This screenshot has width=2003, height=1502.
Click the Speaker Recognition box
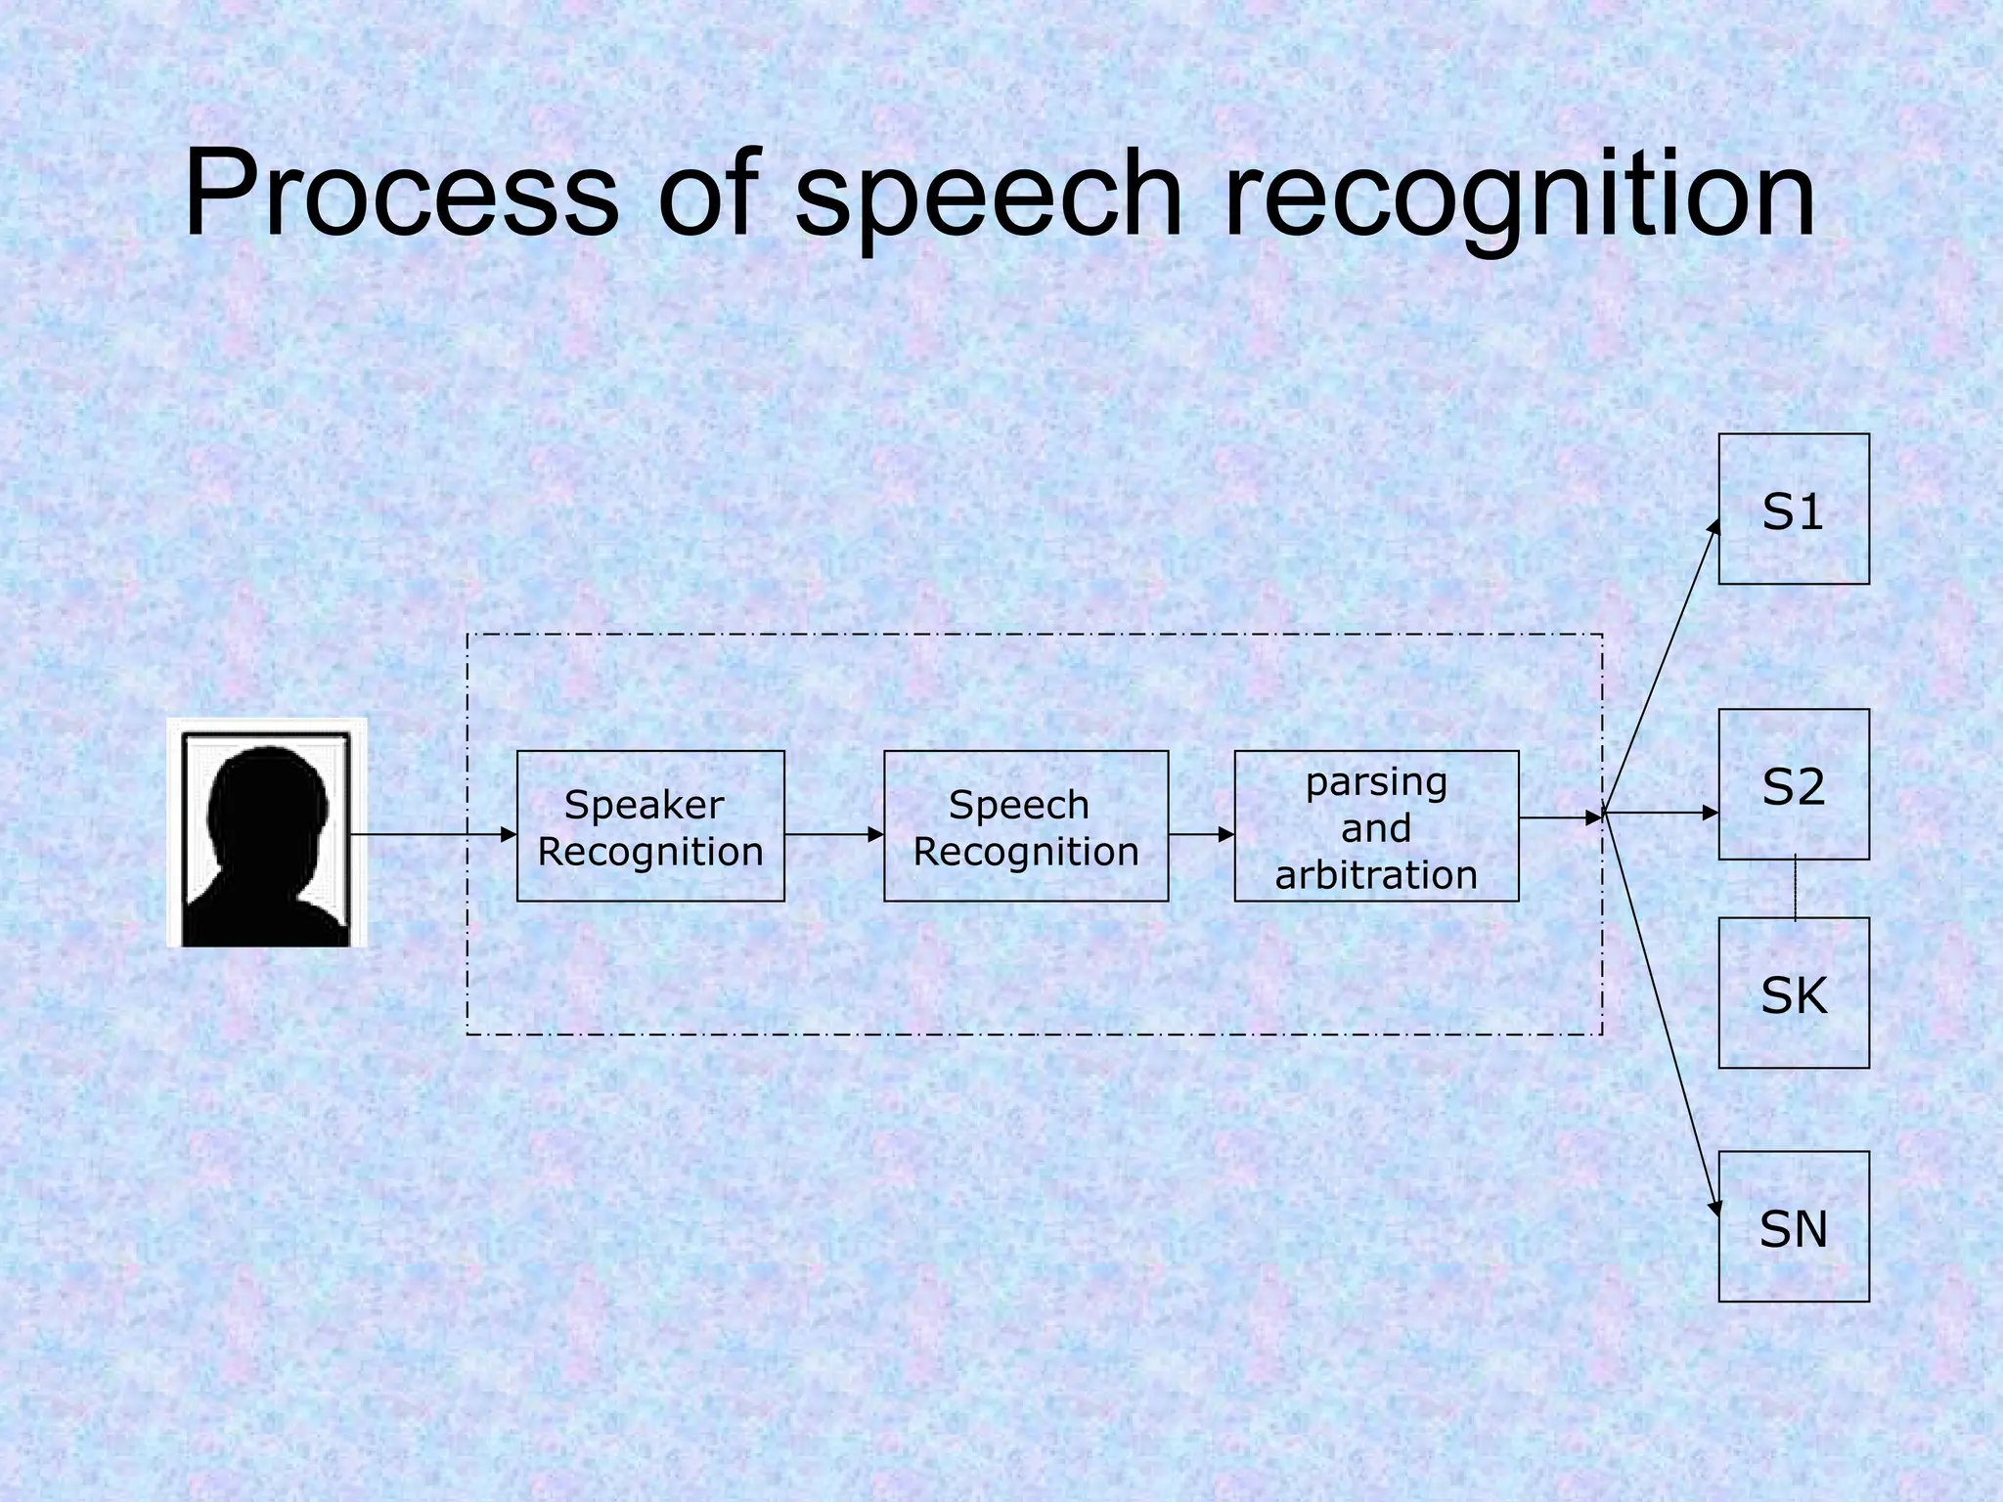650,826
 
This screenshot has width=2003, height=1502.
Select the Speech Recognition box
1026,826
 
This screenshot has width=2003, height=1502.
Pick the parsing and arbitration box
1376,826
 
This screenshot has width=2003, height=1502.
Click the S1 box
1794,509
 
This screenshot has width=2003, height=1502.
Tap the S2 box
1794,784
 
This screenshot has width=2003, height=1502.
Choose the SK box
1794,993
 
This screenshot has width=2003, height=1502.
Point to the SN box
1794,1226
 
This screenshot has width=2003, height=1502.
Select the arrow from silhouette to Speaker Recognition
430,834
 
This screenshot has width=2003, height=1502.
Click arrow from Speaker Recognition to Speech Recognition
833,834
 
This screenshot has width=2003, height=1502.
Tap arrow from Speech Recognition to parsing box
1201,834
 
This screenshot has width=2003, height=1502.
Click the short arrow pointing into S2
1663,813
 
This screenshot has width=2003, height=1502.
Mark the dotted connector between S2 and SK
1795,889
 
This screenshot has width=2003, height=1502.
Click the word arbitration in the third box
1376,875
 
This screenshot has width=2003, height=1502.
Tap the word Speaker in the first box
644,805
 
